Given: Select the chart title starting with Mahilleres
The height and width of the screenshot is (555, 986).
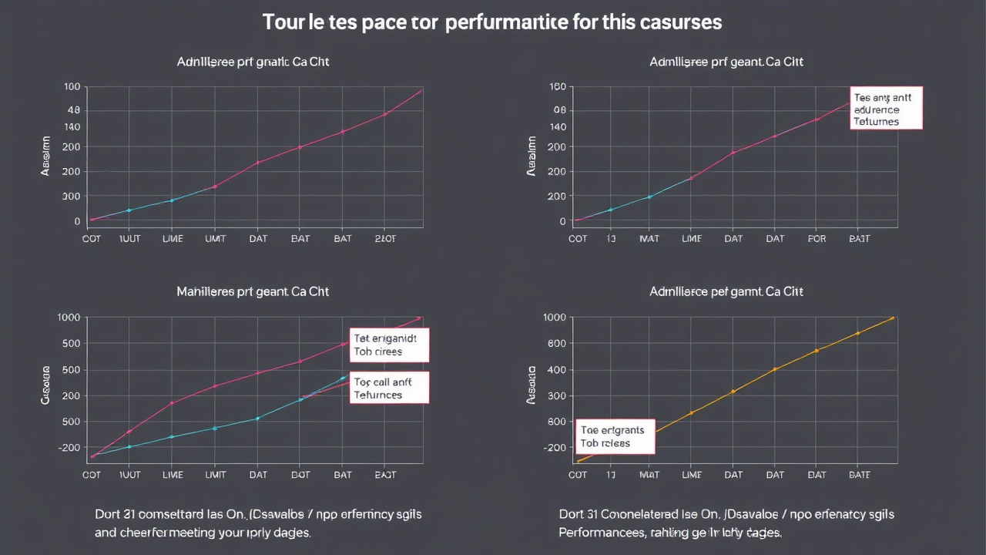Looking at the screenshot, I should [253, 292].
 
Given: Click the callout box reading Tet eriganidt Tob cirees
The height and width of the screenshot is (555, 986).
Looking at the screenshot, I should [389, 345].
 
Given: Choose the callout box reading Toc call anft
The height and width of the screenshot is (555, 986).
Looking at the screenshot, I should [389, 388].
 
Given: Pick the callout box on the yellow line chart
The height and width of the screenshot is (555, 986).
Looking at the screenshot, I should [615, 436].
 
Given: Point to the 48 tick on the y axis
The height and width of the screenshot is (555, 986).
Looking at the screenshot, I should [74, 110].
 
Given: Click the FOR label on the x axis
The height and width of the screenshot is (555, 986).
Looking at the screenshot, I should [817, 239].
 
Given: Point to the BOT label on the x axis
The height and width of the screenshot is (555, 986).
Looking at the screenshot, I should [300, 476].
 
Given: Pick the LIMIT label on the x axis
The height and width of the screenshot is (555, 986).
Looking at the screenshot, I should [215, 476].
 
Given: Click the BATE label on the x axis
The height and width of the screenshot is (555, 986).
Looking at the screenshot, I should [859, 476].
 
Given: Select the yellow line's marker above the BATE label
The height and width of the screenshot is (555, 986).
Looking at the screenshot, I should [857, 334].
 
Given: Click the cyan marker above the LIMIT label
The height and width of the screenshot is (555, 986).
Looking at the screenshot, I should [215, 428].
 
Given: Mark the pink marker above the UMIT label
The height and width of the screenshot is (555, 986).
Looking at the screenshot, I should [215, 187].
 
